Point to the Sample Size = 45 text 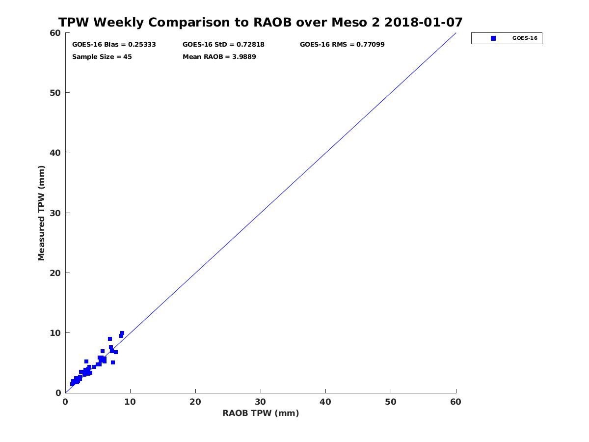coord(102,56)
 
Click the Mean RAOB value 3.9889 coord(241,56)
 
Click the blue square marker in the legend coord(493,38)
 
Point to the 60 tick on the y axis coord(55,33)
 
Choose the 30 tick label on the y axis coord(55,213)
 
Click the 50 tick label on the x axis coord(391,402)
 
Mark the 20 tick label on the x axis coord(195,402)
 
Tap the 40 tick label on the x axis coord(325,402)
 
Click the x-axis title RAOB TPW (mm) coord(261,413)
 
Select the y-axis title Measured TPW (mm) coord(42,213)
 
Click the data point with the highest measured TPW coord(122,333)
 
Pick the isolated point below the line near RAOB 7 coord(113,362)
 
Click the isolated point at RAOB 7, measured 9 coord(110,339)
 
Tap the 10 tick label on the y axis coord(55,333)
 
